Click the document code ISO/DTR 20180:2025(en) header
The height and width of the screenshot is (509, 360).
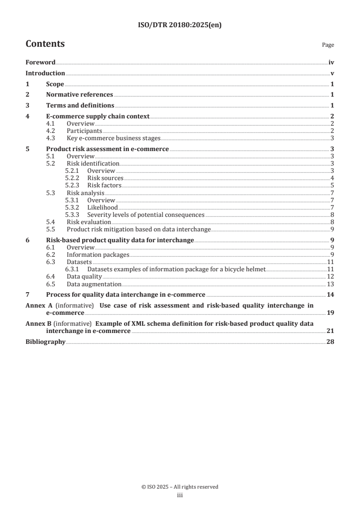[x=180, y=26]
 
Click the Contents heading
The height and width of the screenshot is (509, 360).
[x=45, y=44]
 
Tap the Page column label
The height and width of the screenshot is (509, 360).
[x=328, y=45]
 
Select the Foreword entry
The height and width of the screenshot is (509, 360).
[x=40, y=63]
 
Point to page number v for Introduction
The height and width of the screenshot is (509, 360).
[x=332, y=73]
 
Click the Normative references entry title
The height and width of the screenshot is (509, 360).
[x=79, y=95]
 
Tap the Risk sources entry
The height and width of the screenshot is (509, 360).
[x=105, y=178]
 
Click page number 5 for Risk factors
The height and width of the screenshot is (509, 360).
[x=332, y=185]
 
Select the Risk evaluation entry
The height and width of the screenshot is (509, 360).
[x=89, y=222]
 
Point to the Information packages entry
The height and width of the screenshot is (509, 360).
[x=98, y=255]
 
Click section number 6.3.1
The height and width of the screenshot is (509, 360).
[x=73, y=269]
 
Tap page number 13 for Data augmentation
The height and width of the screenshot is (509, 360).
[x=330, y=284]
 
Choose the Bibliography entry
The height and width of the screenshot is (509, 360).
[x=45, y=342]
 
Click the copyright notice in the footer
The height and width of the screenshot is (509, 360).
[x=180, y=487]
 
